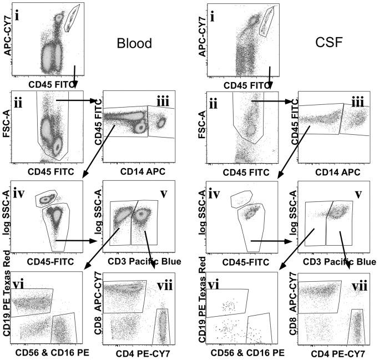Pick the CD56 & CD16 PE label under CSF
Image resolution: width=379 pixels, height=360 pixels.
[241, 352]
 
